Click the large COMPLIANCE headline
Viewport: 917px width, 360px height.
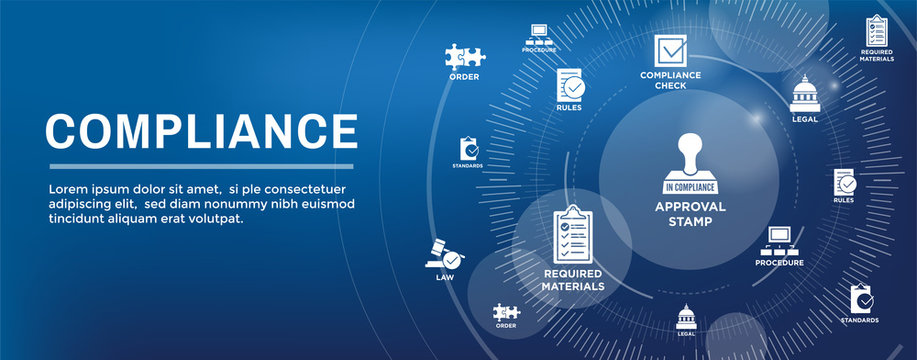click(x=201, y=131)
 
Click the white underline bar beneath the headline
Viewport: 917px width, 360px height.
click(x=201, y=166)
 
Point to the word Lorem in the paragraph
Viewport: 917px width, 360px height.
click(x=68, y=188)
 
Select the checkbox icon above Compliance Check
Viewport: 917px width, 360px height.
click(x=669, y=50)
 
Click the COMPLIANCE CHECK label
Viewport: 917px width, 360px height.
click(x=669, y=80)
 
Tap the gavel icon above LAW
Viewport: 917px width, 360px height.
click(x=443, y=252)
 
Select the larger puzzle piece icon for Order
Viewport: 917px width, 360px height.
click(x=464, y=56)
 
